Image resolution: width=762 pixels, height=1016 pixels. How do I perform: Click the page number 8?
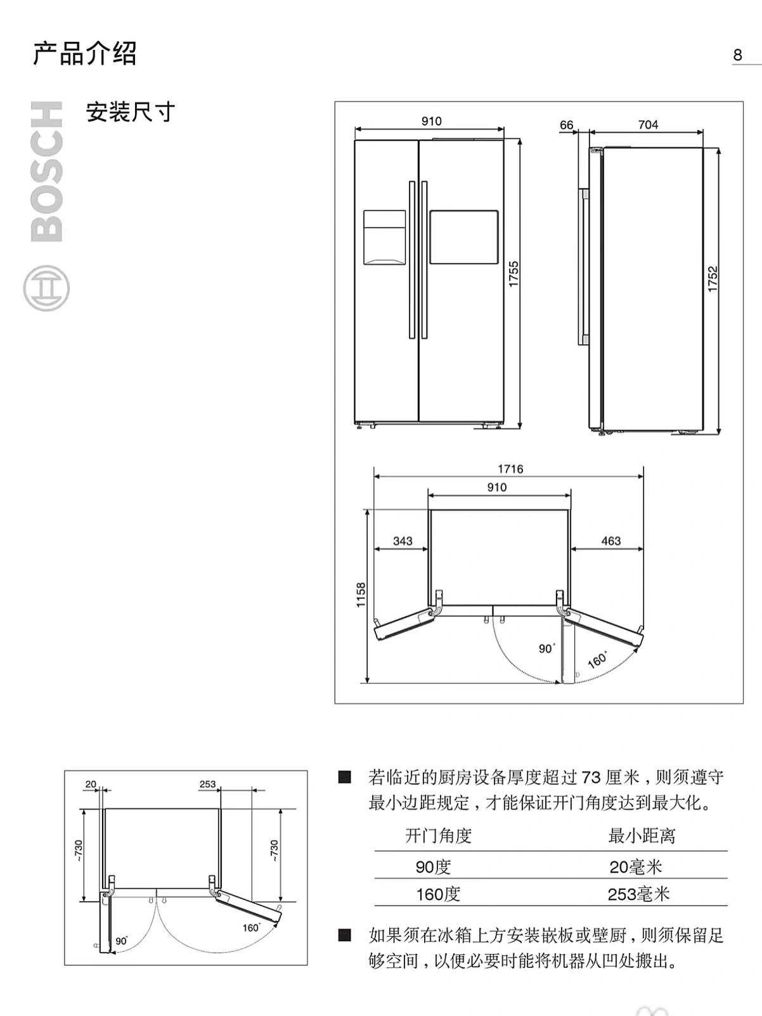(x=737, y=55)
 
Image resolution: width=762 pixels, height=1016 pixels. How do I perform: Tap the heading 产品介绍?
(x=85, y=53)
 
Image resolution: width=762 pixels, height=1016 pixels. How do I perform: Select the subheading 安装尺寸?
(x=131, y=112)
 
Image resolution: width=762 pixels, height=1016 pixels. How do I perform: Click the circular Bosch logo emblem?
(x=46, y=288)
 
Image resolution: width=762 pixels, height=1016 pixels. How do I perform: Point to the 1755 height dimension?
(x=514, y=274)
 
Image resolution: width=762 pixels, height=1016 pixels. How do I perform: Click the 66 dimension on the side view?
(x=566, y=125)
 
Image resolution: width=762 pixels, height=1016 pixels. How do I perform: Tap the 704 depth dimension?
(x=648, y=124)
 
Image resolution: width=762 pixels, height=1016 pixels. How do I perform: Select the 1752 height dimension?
(x=713, y=279)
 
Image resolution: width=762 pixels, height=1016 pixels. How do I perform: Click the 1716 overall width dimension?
(x=510, y=469)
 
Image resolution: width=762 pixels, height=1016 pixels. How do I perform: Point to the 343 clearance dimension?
(x=403, y=541)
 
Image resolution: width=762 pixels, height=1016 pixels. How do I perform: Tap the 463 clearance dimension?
(x=610, y=541)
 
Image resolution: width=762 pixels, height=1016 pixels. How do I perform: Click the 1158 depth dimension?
(x=361, y=595)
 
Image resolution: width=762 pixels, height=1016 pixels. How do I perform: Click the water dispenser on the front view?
(x=384, y=238)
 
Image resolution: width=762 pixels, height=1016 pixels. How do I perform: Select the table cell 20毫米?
(x=636, y=866)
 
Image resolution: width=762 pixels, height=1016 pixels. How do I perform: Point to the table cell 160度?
(x=438, y=894)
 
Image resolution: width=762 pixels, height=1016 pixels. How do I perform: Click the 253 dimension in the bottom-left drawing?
(x=208, y=784)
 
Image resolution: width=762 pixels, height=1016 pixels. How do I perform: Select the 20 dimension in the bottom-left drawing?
(x=91, y=784)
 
